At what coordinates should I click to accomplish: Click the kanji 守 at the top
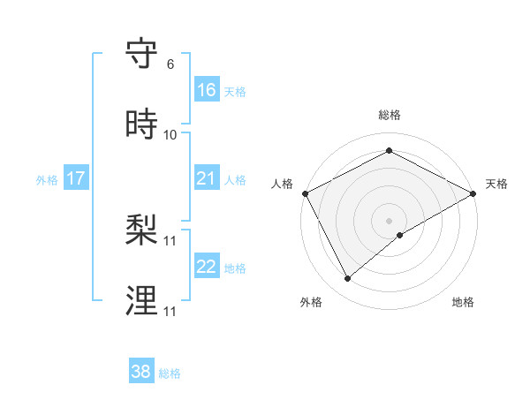coord(141,54)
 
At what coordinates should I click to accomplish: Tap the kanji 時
coord(141,124)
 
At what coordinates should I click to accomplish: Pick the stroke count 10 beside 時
coord(170,134)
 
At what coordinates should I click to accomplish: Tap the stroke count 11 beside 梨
coord(170,240)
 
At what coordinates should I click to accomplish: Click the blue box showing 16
coord(206,90)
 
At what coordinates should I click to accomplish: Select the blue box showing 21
coord(206,178)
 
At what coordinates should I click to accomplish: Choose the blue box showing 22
coord(206,267)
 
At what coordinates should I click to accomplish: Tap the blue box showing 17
coord(76,178)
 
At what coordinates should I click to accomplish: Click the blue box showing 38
coord(141,372)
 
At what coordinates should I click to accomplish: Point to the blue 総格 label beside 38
coord(170,373)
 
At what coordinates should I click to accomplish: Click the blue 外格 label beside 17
coord(47,179)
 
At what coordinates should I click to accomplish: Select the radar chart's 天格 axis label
coord(496,184)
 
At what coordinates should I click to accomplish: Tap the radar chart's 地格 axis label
coord(463,302)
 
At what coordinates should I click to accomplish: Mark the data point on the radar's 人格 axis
coord(305,192)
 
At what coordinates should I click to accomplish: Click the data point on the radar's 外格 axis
coord(348,279)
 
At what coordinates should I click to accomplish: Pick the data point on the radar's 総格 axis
coord(389,151)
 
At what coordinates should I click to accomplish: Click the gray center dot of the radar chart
coord(389,220)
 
